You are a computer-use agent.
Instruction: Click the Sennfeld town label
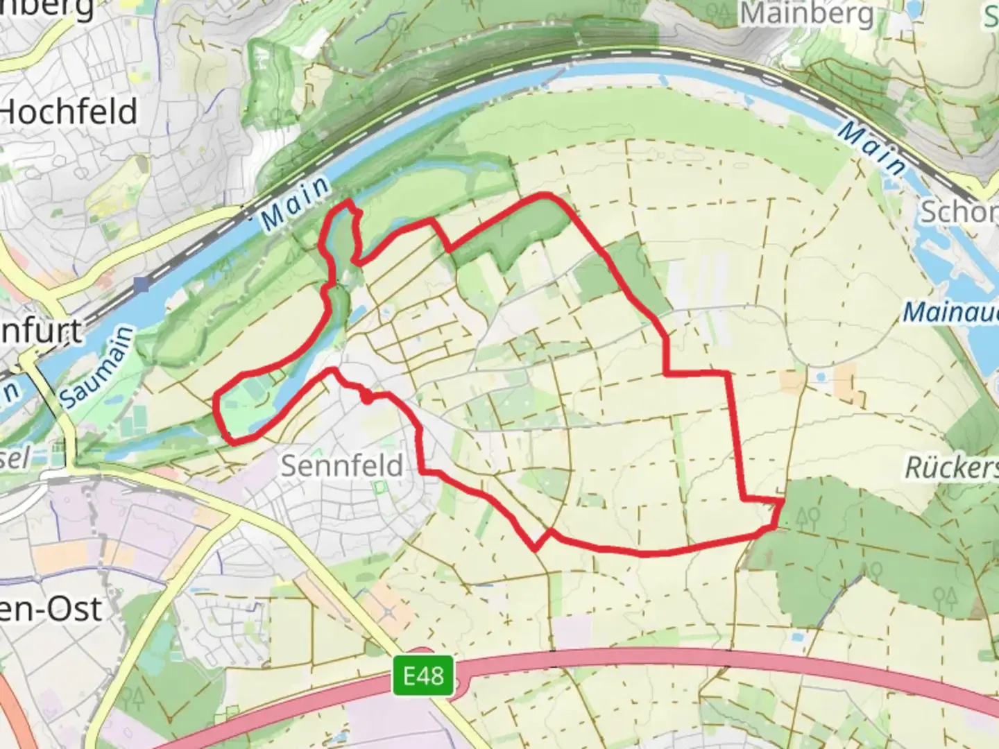click(x=342, y=465)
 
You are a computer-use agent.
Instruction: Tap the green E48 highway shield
click(x=422, y=675)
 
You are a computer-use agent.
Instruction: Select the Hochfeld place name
click(x=69, y=112)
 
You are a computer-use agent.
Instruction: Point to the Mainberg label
click(x=807, y=14)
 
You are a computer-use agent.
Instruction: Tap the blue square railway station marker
click(x=142, y=284)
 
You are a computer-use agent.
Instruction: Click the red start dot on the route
click(x=366, y=397)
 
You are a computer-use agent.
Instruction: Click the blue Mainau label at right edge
click(x=950, y=312)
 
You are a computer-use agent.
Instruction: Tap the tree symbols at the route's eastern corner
click(x=808, y=516)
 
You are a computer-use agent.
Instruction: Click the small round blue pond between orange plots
click(x=821, y=378)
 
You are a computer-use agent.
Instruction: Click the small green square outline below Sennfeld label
click(x=379, y=488)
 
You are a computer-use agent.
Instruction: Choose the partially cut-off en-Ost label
click(x=51, y=609)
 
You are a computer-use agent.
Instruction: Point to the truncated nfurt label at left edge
click(x=42, y=332)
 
